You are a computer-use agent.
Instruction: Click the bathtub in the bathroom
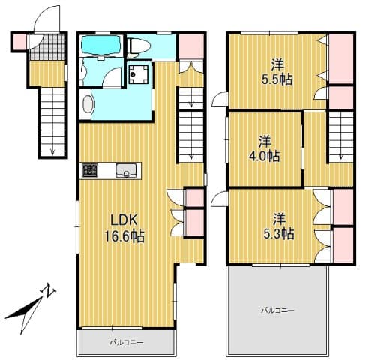click(x=100, y=46)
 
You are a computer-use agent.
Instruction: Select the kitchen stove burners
click(x=90, y=170)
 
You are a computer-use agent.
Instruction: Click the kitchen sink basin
click(x=126, y=170)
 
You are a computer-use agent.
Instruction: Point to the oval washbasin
click(x=88, y=104)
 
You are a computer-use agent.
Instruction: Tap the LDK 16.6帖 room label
click(x=124, y=228)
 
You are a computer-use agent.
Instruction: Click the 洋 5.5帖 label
click(x=277, y=72)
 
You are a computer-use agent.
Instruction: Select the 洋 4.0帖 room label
click(x=264, y=149)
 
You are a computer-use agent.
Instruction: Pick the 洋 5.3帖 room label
click(x=278, y=226)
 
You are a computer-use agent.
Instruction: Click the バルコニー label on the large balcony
click(x=277, y=310)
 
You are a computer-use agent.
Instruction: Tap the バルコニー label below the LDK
click(x=127, y=342)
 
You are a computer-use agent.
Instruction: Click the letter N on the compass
click(x=48, y=290)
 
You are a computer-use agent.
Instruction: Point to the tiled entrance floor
click(x=47, y=47)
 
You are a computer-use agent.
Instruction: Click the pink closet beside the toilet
click(x=191, y=46)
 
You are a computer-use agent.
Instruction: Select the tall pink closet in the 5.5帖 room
click(x=341, y=58)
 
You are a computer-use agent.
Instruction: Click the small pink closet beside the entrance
click(x=19, y=42)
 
